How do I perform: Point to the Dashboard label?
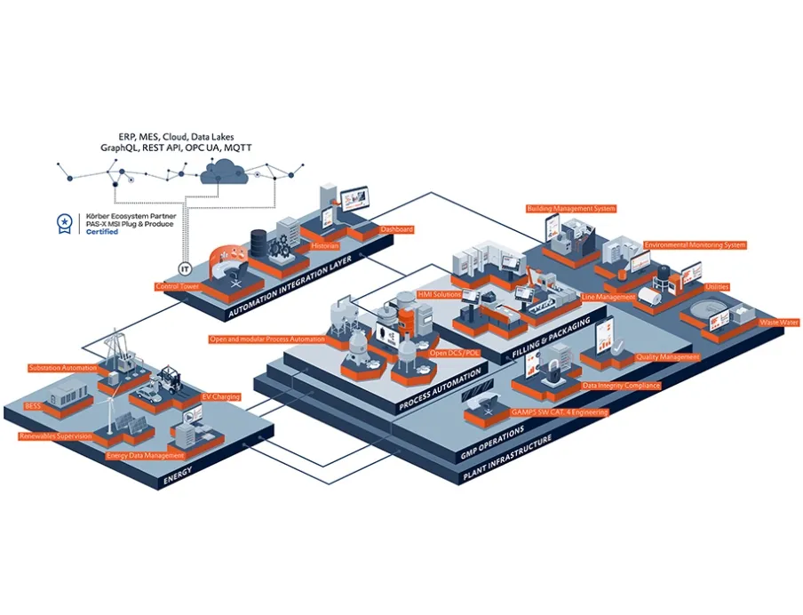click(x=397, y=229)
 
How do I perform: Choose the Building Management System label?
click(x=571, y=209)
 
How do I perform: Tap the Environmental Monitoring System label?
click(x=695, y=244)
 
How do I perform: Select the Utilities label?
click(x=717, y=287)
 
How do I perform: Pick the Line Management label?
click(x=608, y=296)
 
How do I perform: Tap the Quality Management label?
click(x=668, y=357)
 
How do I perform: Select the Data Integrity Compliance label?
click(x=621, y=386)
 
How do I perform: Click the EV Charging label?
click(x=221, y=396)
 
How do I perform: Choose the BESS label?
click(x=33, y=405)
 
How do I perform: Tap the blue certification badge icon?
click(x=64, y=223)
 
